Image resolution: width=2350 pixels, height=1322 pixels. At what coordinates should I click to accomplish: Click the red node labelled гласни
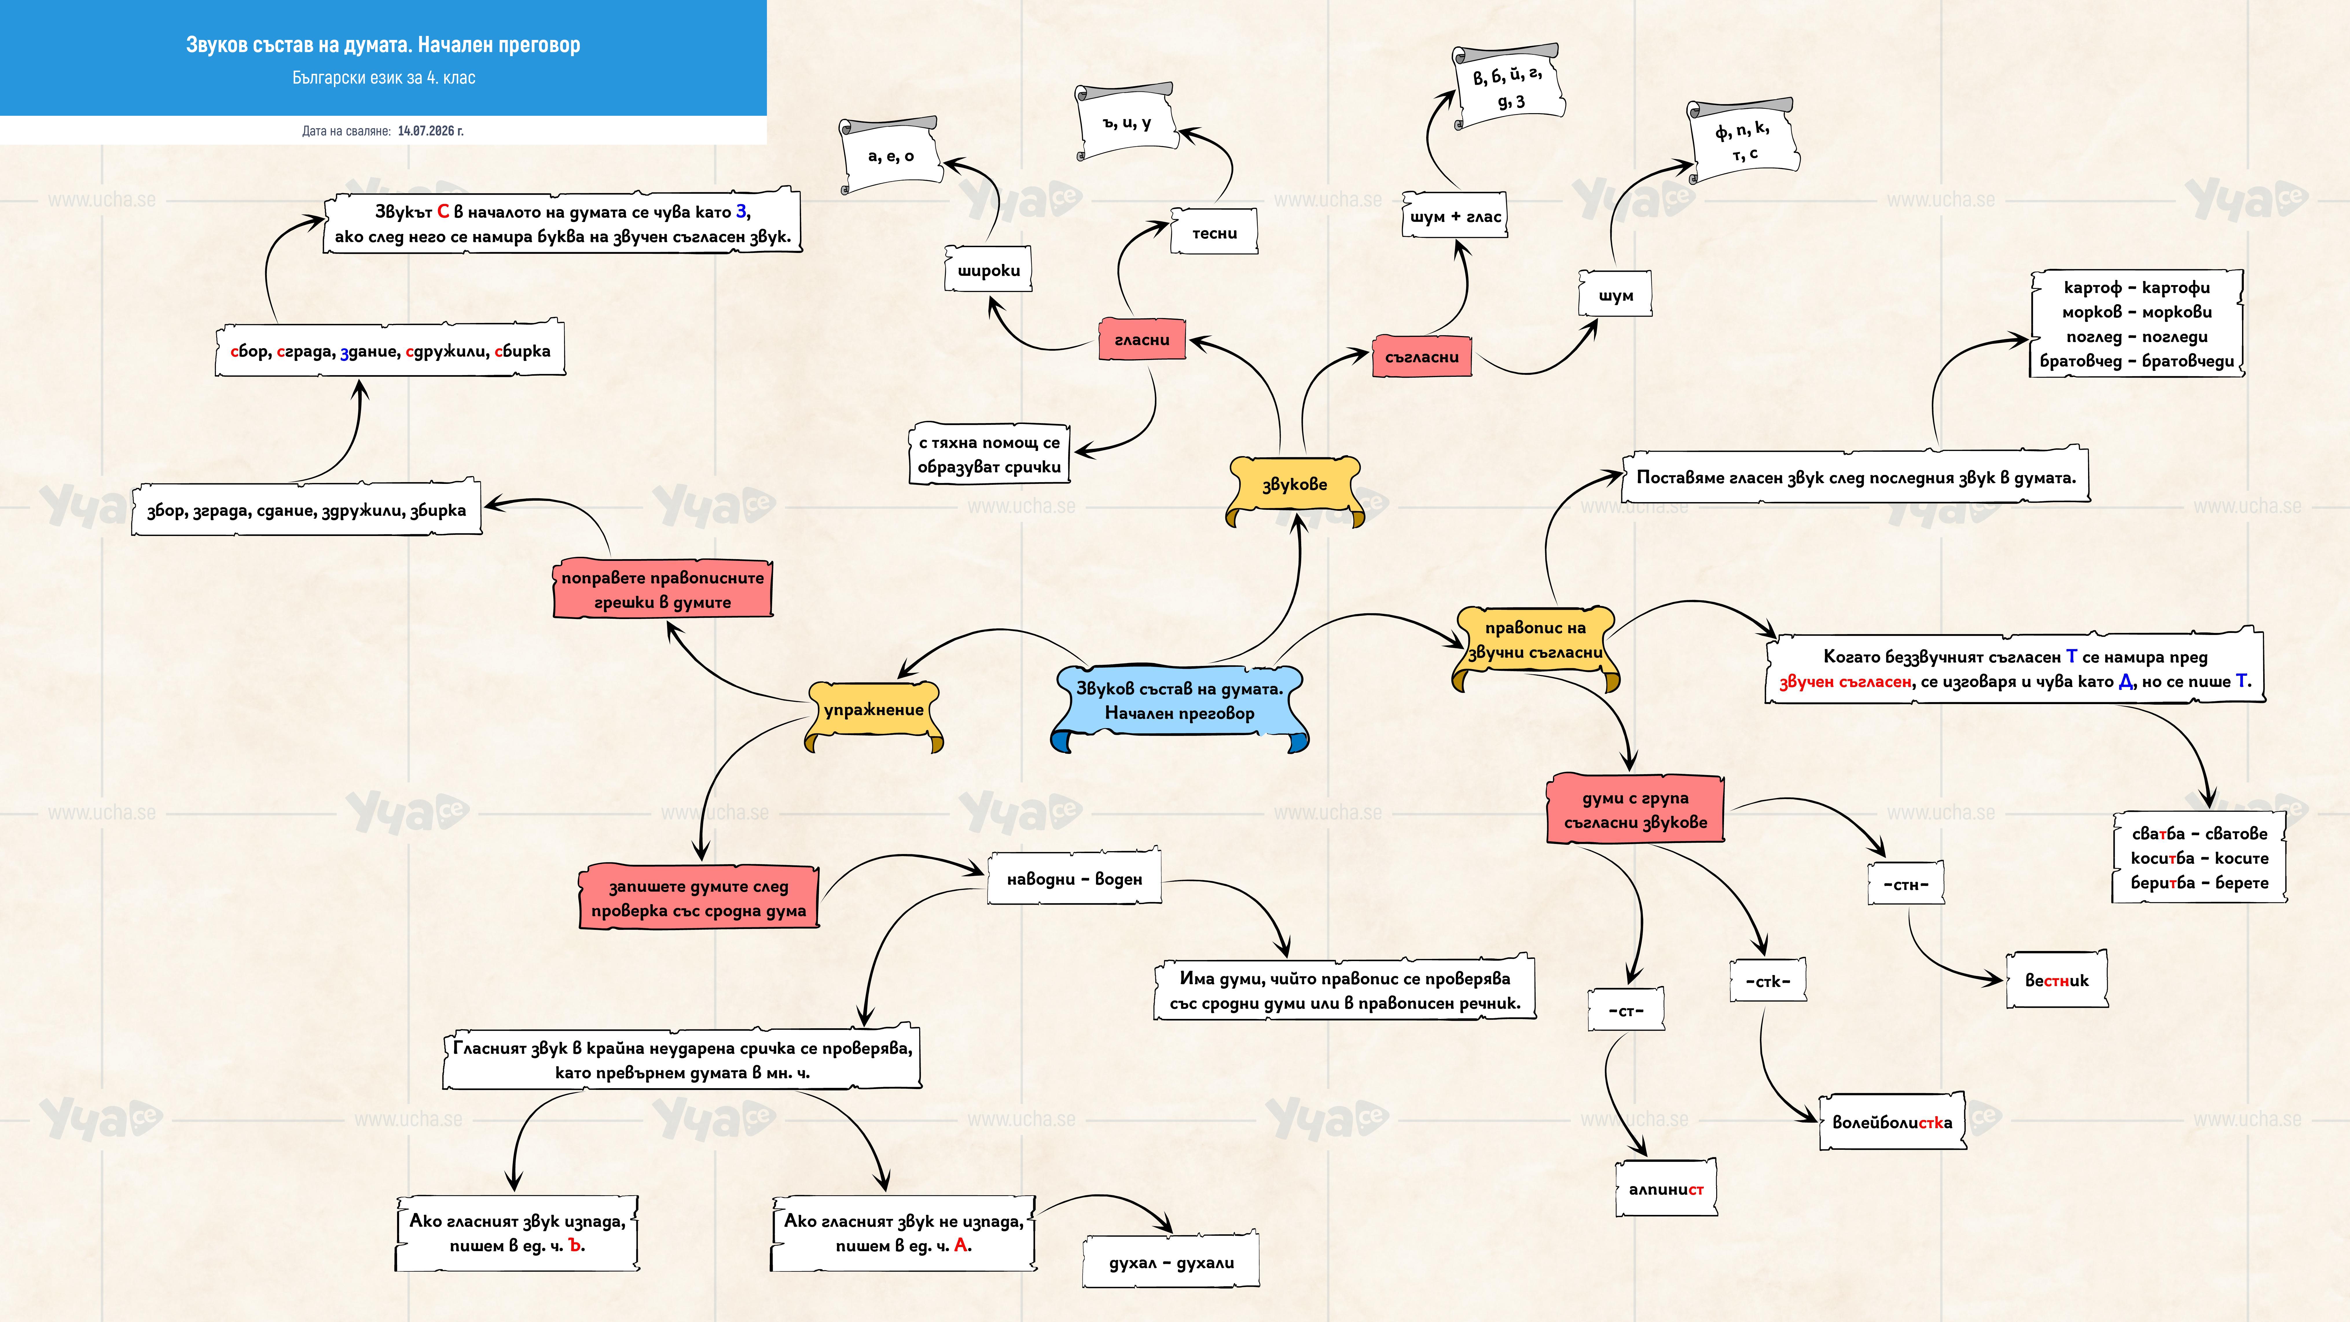(1141, 339)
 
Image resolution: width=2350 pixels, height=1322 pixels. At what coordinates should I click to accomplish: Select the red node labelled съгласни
(1421, 357)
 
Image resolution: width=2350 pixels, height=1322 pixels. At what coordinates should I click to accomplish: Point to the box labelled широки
(988, 269)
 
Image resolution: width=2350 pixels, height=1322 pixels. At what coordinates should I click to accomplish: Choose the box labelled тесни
(1214, 233)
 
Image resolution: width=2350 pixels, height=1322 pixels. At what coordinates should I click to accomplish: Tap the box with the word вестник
(2056, 980)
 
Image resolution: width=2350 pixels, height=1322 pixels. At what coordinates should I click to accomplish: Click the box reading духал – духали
(1171, 1262)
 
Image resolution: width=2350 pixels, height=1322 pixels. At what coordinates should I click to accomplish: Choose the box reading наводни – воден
(1074, 879)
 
